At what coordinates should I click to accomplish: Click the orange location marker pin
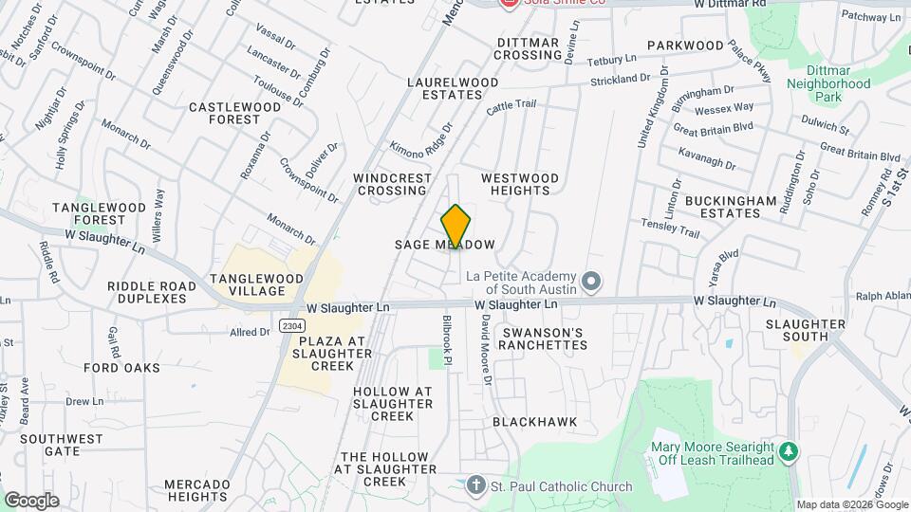coord(456,228)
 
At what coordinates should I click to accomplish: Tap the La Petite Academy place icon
coord(591,281)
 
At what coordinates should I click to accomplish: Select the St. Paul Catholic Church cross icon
coord(477,486)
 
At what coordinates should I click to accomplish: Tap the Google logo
coord(31,500)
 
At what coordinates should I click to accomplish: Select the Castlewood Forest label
coord(235,113)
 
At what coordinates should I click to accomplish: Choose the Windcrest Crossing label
coord(390,184)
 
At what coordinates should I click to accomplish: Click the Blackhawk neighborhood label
coord(534,421)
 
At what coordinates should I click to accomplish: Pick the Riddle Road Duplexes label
coord(147,292)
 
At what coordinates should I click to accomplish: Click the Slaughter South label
coord(806,331)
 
